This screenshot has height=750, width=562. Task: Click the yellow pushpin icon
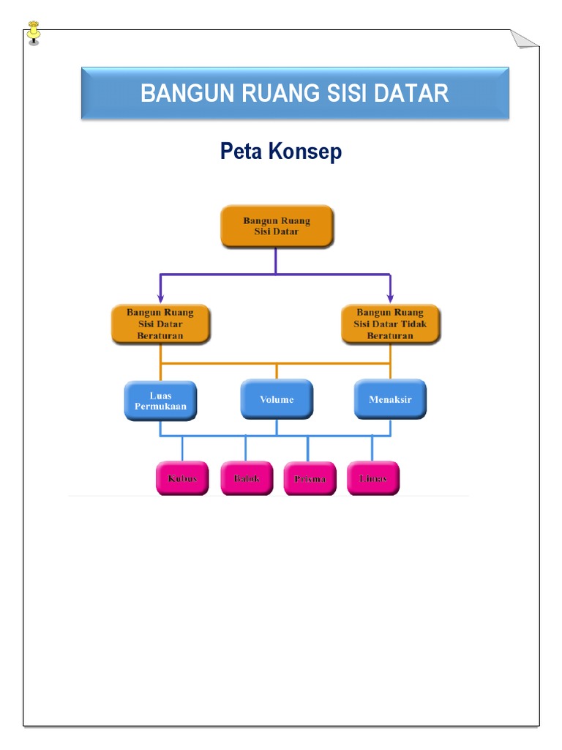coord(34,32)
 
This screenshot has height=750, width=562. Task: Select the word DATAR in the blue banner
coord(414,94)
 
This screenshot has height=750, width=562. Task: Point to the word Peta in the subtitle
coord(241,152)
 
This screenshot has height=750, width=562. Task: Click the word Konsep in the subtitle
coord(305,152)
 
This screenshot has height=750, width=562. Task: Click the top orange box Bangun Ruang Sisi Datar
coord(277,226)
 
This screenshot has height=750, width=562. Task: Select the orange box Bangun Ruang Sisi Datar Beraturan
coord(160,324)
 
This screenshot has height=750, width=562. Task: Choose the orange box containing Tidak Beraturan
coord(391,324)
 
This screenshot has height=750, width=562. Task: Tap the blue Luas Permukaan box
coord(160,400)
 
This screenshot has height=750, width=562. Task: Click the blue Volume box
coord(277,400)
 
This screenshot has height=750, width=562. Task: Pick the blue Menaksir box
coord(390,400)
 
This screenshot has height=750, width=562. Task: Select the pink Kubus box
coord(182,478)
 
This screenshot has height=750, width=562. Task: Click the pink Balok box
coord(247,478)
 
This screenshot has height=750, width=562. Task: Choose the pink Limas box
coord(372,478)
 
